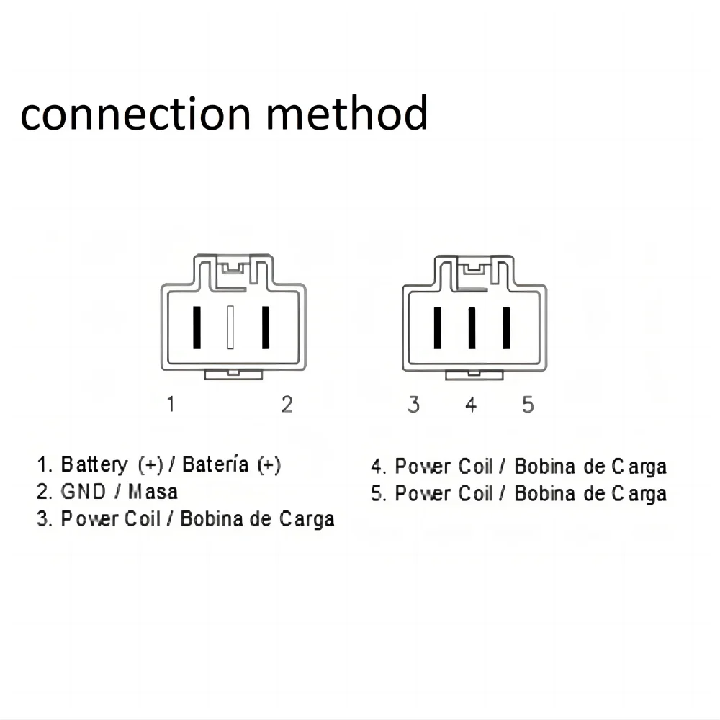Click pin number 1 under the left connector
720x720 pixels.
click(x=171, y=404)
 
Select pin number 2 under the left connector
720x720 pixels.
click(x=287, y=405)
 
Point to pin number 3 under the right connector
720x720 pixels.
click(x=413, y=405)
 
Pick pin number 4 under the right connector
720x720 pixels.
click(x=471, y=405)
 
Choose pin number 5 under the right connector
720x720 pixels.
click(x=528, y=405)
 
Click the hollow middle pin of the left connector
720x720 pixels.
click(x=230, y=328)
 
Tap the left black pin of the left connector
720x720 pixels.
click(x=196, y=328)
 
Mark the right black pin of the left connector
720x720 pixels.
click(x=265, y=328)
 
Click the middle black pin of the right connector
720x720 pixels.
click(x=472, y=328)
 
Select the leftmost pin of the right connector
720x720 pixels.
click(x=437, y=328)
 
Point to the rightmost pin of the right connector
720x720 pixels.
click(x=506, y=328)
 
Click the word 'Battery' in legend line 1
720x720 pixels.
click(x=95, y=465)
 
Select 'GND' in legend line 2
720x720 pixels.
click(x=79, y=492)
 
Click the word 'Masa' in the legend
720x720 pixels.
click(x=153, y=492)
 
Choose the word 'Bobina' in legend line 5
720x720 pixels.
click(x=545, y=494)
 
